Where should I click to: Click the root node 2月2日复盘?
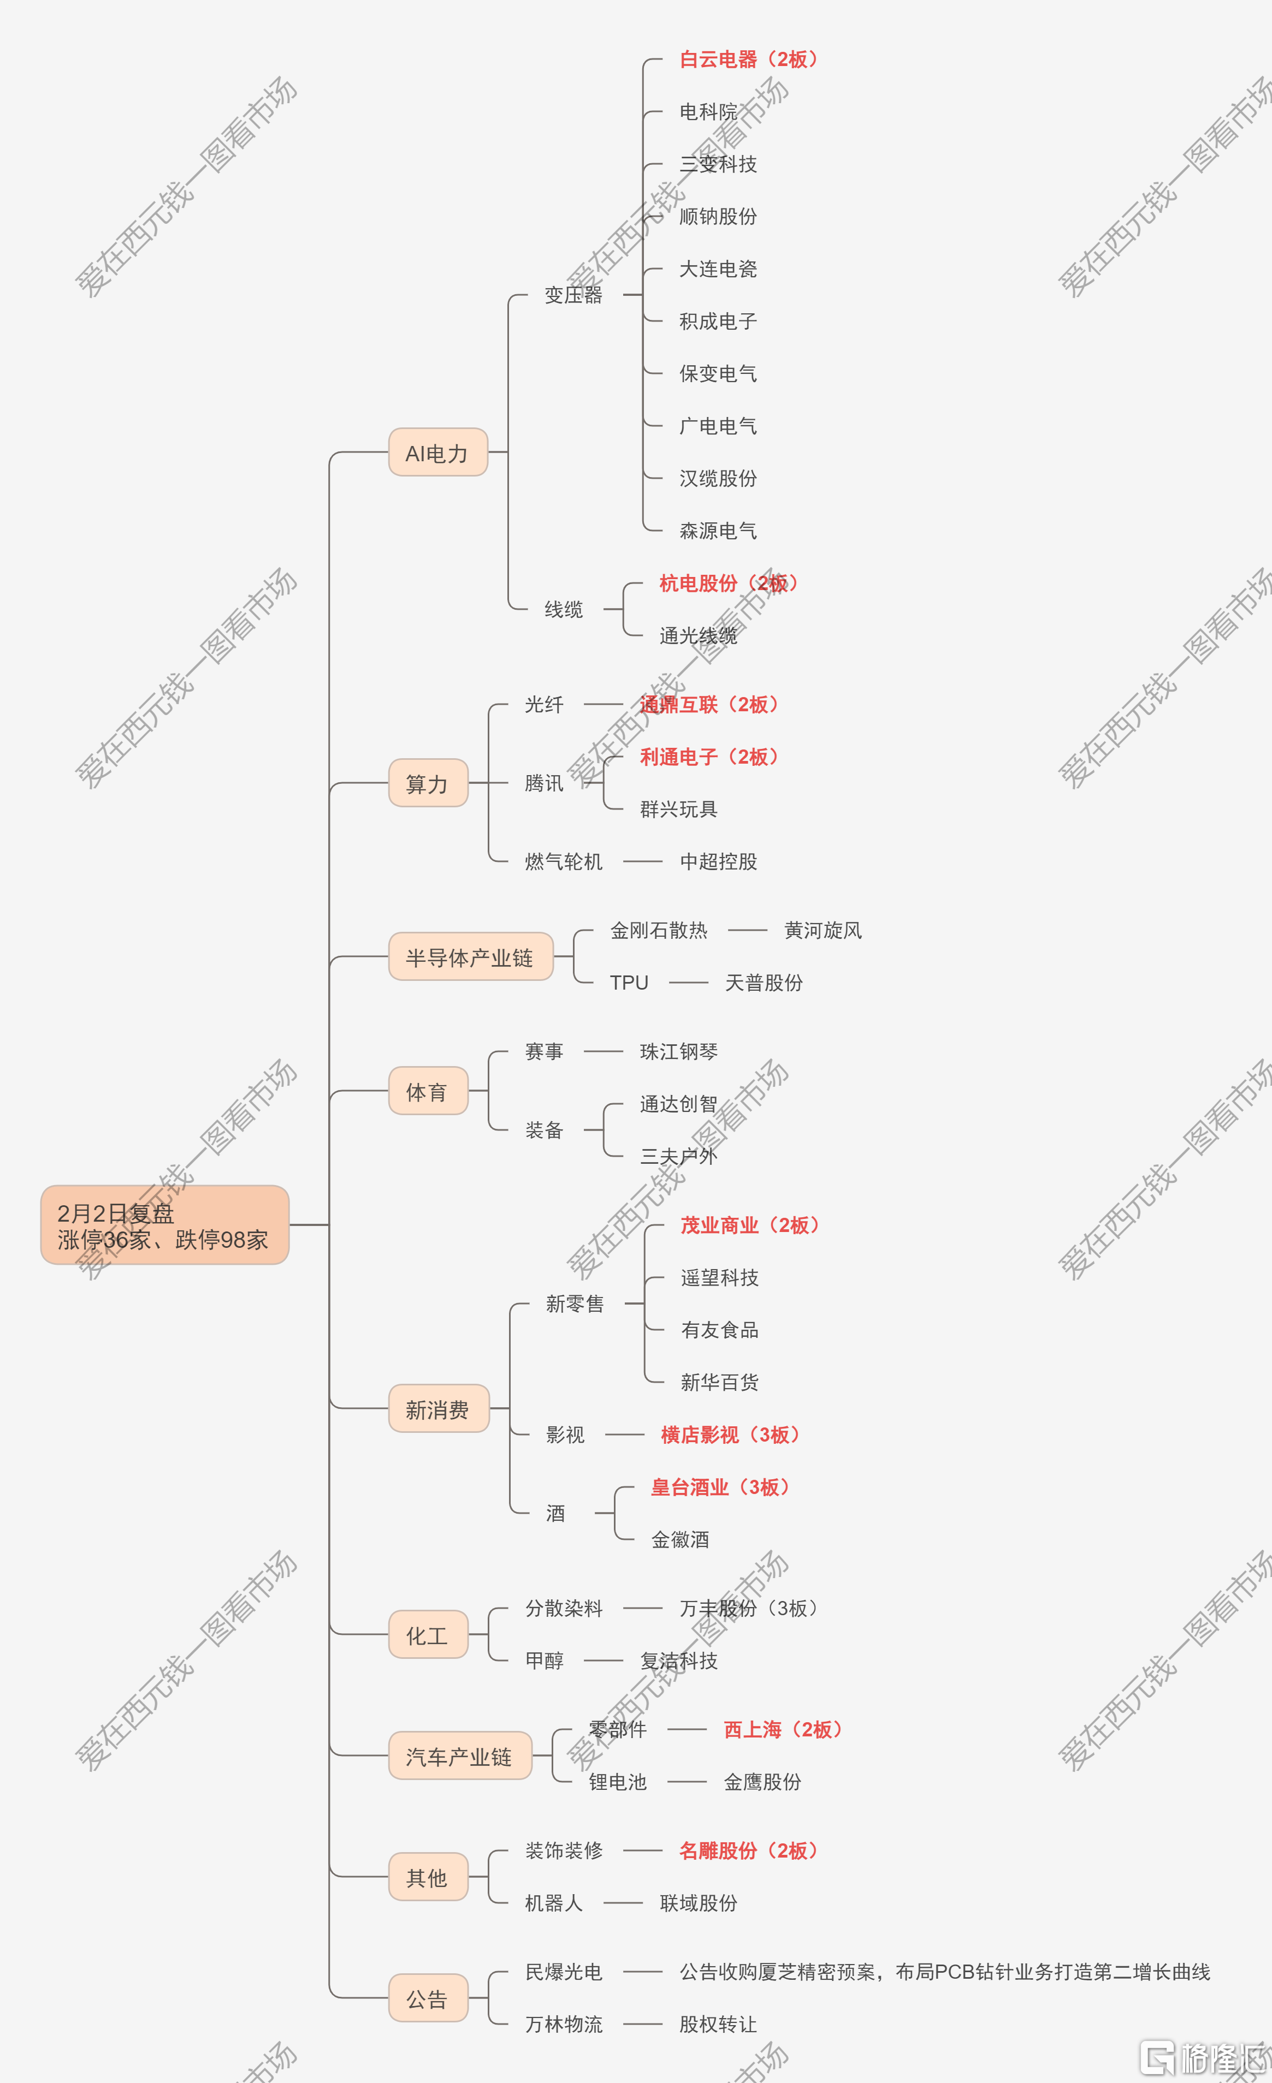[x=165, y=1225]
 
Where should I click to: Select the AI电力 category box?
[x=438, y=453]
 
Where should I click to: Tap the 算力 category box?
[x=428, y=783]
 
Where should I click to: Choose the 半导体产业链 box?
[x=470, y=956]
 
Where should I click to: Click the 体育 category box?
[x=428, y=1091]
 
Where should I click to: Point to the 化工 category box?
[x=428, y=1634]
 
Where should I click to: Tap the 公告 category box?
[x=428, y=1998]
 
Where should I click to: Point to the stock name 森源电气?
[x=718, y=531]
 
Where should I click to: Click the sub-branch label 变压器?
[x=573, y=295]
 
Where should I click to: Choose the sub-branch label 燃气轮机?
[x=563, y=861]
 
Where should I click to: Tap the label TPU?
[x=629, y=983]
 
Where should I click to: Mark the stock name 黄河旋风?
[x=823, y=930]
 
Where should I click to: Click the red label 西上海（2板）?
[x=784, y=1730]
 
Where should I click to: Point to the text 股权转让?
[x=718, y=2024]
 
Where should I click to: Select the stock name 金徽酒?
[x=680, y=1539]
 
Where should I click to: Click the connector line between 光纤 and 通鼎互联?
[x=603, y=704]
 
